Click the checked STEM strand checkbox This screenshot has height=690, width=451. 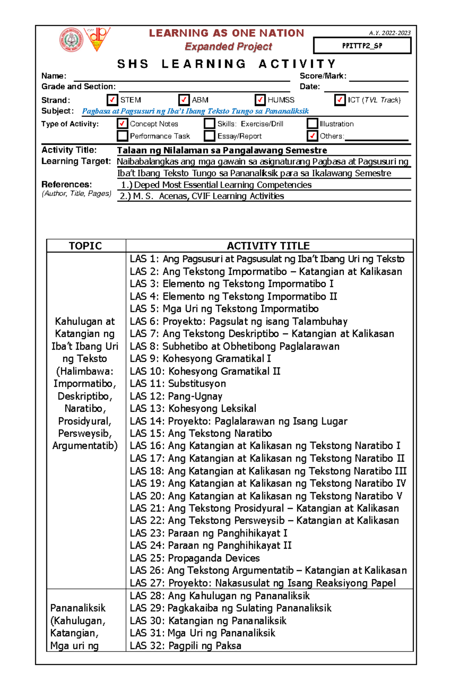tap(112, 100)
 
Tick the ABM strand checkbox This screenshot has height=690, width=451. tap(184, 100)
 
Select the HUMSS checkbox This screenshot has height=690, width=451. tap(260, 100)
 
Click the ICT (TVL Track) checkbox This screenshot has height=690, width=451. tap(340, 100)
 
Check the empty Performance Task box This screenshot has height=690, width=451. tap(122, 136)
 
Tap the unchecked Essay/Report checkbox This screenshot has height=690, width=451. tap(209, 136)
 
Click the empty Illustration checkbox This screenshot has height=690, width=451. tap(312, 123)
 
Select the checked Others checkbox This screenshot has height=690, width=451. tap(312, 136)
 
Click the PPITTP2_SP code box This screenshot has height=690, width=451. tap(362, 46)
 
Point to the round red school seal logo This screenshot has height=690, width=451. tap(71, 39)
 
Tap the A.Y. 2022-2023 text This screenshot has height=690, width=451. tap(390, 33)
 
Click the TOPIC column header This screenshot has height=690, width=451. tap(85, 246)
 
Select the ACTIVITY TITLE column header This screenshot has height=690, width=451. tap(268, 246)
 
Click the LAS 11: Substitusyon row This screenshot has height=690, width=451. tap(178, 384)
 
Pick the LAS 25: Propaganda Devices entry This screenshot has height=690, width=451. tap(195, 558)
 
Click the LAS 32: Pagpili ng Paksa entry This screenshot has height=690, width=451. tap(185, 646)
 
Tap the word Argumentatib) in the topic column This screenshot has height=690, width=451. tap(85, 446)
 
